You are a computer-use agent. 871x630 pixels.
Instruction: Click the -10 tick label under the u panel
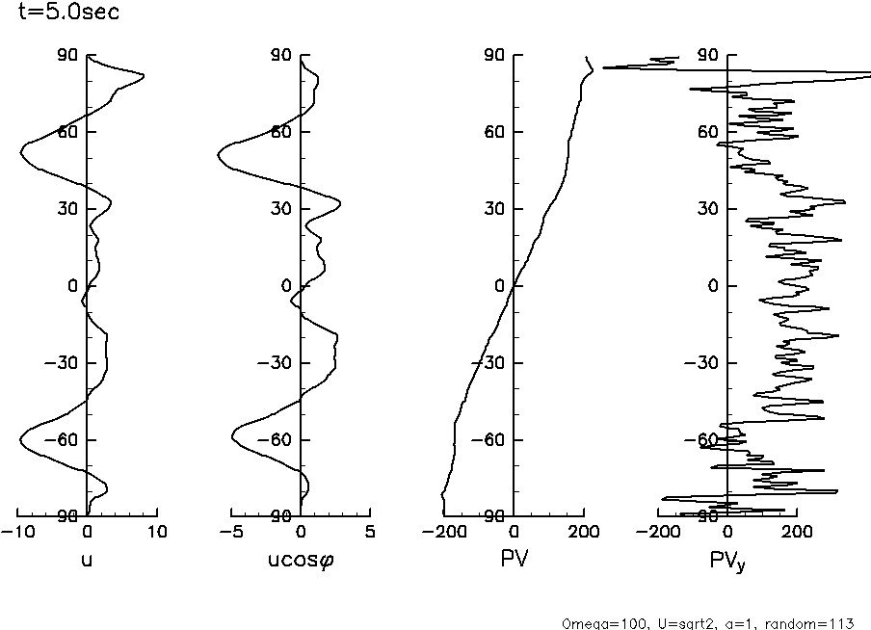coord(17,532)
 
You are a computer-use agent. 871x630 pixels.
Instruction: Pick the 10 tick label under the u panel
coord(156,532)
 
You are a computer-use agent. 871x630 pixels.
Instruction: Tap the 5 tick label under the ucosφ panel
coord(370,532)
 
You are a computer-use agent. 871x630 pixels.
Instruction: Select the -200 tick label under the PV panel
coord(444,532)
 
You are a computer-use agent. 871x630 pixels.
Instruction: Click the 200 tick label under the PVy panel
coord(796,532)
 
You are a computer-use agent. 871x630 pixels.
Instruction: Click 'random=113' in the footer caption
coord(816,623)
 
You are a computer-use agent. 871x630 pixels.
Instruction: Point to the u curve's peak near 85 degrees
coord(143,76)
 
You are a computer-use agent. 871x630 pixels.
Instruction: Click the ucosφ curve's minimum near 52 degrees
coord(218,152)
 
